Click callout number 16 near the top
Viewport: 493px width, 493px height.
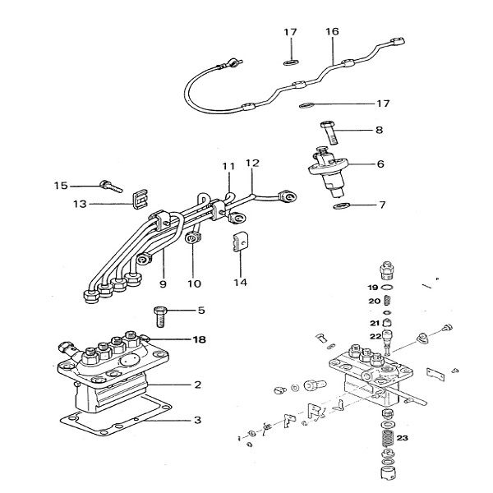tap(331, 32)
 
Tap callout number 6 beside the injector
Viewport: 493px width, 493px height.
tap(380, 164)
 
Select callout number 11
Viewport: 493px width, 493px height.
tap(228, 167)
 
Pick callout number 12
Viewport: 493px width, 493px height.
tap(251, 163)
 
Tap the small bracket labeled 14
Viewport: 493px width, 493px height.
tap(239, 243)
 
